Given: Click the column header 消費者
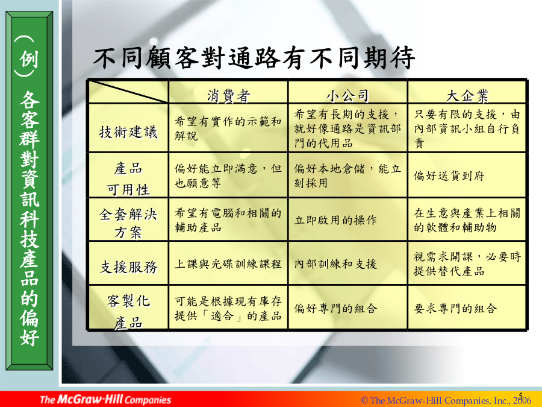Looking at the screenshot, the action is (x=228, y=95).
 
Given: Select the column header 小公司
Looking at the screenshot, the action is (x=347, y=95).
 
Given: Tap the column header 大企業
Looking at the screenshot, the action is (x=467, y=95).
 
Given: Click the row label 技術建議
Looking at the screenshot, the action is (x=128, y=132).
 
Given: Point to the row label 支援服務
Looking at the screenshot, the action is (x=128, y=267).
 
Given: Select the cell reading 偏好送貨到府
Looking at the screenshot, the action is (x=449, y=176).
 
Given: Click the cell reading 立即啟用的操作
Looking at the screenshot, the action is (x=335, y=220).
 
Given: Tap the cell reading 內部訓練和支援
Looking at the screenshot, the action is (x=335, y=264).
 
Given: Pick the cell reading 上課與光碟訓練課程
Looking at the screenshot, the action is (x=228, y=264).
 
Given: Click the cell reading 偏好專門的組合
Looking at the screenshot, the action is (x=335, y=308).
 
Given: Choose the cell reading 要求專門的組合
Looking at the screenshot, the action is (x=455, y=308).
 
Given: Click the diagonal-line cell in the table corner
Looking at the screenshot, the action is (x=128, y=92).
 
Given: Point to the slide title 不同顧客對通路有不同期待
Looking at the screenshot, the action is (x=254, y=57).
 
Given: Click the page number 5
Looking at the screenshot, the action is (x=521, y=395).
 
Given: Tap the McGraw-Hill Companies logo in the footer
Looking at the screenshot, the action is (x=105, y=399).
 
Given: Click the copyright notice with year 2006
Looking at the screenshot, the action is (x=446, y=401).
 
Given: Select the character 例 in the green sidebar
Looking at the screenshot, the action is (x=29, y=59).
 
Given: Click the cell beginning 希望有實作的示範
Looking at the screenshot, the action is (x=228, y=128).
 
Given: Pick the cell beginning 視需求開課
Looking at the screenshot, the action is (x=467, y=263).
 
